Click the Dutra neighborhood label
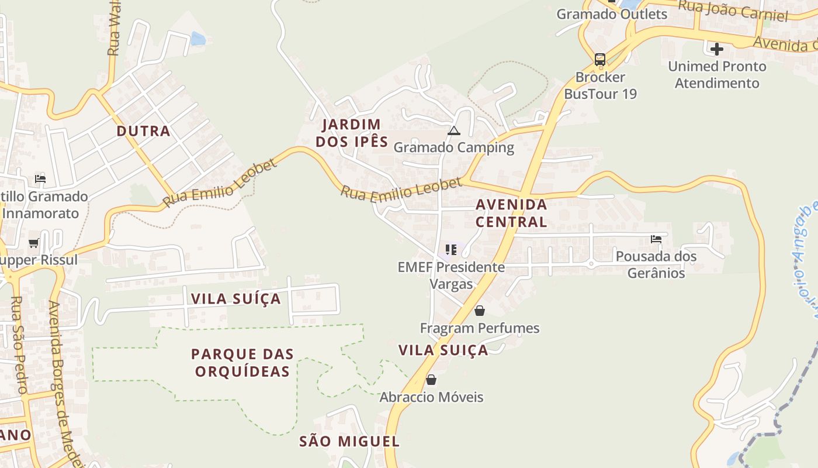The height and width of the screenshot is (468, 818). [x=143, y=131]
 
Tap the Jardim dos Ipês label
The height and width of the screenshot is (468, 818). [x=352, y=133]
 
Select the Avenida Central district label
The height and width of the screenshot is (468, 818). [x=511, y=213]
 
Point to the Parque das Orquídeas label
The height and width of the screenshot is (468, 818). [x=242, y=363]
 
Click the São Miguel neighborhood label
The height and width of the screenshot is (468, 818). [x=349, y=442]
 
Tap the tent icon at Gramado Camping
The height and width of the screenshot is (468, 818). [x=454, y=130]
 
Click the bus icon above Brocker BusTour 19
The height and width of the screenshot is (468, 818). [x=600, y=59]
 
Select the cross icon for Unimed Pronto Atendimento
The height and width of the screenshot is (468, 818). [x=717, y=49]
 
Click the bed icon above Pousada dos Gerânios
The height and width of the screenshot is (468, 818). [x=656, y=239]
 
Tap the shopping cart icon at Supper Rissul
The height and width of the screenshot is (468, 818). [x=34, y=243]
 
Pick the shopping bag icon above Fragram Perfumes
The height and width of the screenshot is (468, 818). [x=480, y=311]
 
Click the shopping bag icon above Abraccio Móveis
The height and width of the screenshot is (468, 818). [x=431, y=380]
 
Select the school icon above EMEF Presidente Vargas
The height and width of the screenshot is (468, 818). [x=450, y=250]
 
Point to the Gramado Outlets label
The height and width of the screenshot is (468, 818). [x=612, y=14]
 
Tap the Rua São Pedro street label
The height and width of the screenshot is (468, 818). [x=19, y=345]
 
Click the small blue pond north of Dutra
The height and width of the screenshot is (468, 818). [x=198, y=39]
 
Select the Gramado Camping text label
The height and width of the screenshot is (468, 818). [x=454, y=147]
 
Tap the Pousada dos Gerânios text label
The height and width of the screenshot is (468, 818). [x=656, y=264]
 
